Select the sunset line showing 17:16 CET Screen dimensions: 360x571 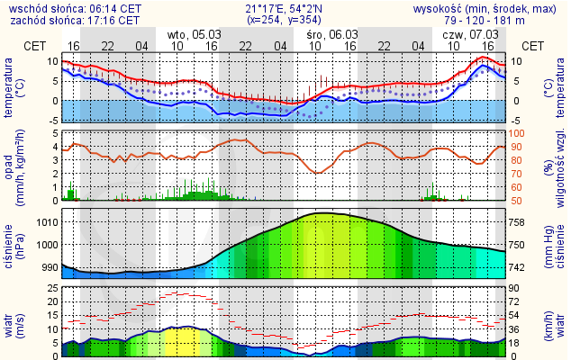point(72,19)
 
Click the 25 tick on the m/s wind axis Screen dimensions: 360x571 point(52,289)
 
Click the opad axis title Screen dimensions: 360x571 point(10,166)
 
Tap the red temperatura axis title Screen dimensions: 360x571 point(10,87)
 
